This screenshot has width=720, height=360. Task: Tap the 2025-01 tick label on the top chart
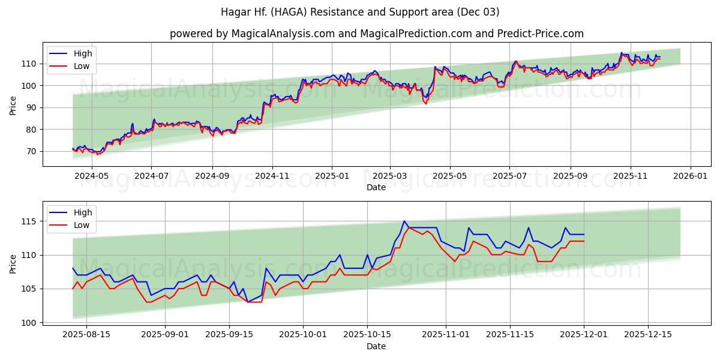332,176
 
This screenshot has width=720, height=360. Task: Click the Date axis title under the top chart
376,187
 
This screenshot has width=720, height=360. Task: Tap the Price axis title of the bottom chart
13,263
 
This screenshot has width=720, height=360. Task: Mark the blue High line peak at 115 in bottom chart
404,221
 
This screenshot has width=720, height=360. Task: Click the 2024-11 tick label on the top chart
272,176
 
